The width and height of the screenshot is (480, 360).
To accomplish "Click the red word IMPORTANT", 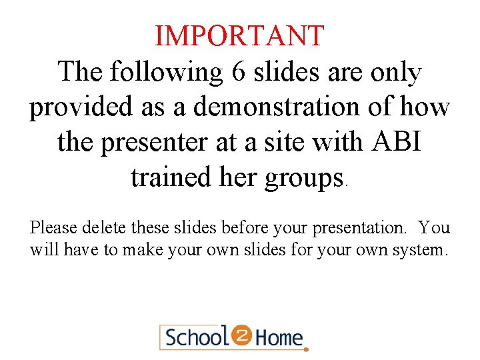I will tap(239, 36).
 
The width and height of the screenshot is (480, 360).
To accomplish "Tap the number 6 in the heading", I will tap(238, 72).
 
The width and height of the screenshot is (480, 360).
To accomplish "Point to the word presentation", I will tap(366, 229).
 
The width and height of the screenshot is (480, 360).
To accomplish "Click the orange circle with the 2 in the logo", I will tap(241, 335).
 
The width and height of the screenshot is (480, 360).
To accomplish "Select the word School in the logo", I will tap(197, 337).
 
